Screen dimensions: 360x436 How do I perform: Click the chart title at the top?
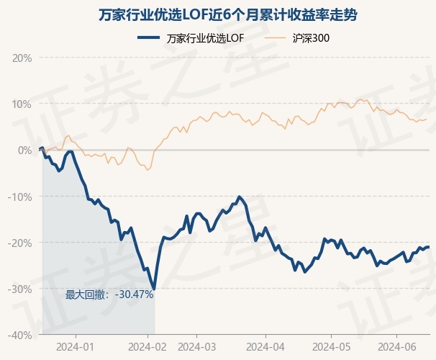point(218,14)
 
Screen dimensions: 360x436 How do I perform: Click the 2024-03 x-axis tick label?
point(198,346)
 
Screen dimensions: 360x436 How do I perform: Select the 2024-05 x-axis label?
point(331,346)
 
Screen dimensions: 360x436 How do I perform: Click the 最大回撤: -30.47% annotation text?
point(109,294)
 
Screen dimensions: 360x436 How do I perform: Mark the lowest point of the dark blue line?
point(154,289)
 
